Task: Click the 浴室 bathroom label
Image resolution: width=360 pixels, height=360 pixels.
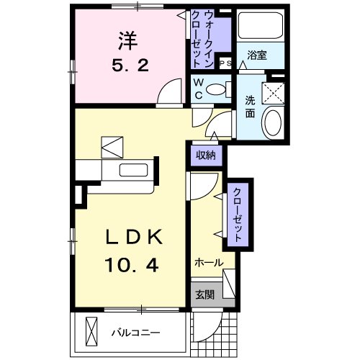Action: tap(257, 55)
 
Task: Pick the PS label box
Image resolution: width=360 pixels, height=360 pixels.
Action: tap(224, 63)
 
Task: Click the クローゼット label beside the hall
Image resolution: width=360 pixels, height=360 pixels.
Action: tap(236, 213)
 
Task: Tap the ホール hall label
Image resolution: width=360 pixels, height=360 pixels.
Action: tap(208, 263)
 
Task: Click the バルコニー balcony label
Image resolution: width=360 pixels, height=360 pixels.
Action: tap(136, 333)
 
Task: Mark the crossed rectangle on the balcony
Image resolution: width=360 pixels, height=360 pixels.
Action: tap(92, 333)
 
